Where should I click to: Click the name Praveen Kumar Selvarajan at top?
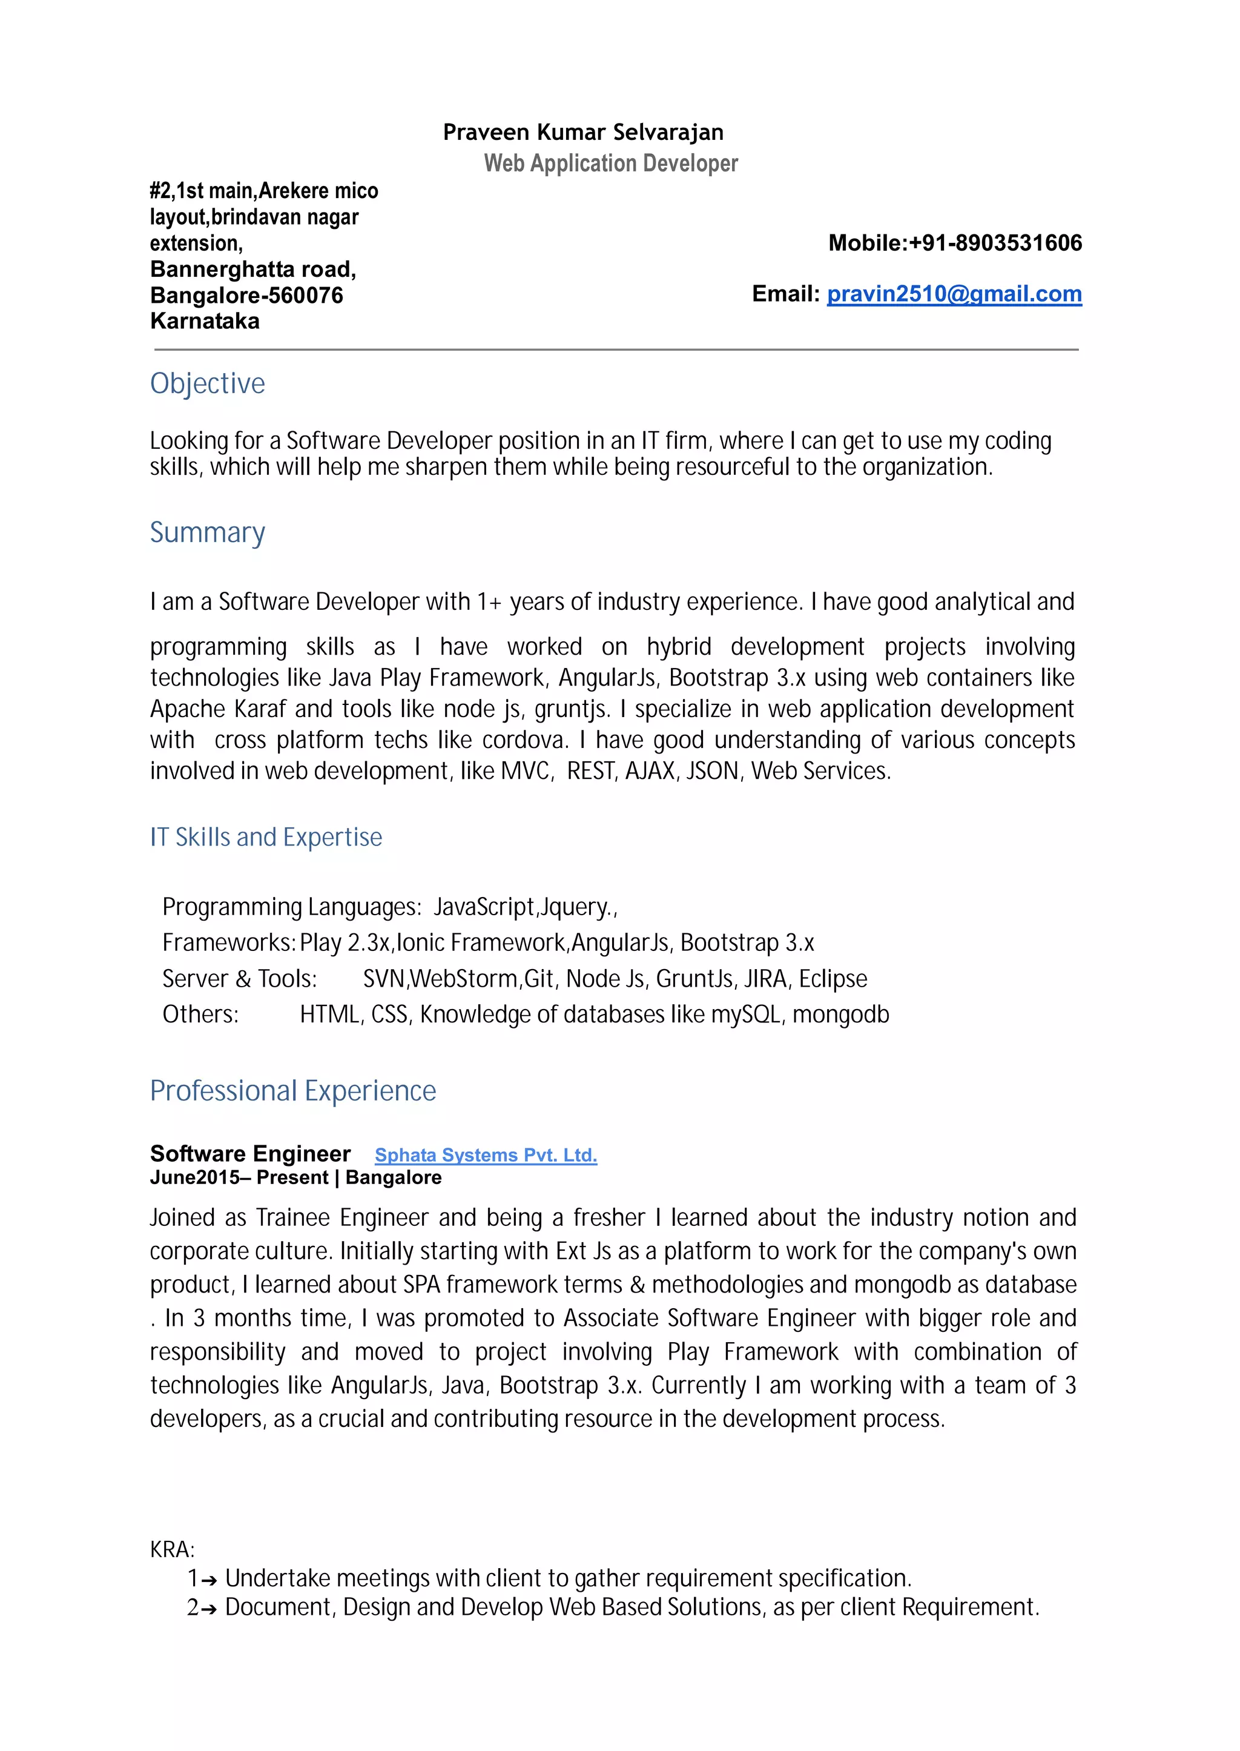pos(582,132)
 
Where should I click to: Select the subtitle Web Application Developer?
pos(610,164)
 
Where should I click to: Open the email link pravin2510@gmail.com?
pos(954,294)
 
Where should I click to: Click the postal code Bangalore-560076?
pos(246,296)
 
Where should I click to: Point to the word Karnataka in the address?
pos(205,322)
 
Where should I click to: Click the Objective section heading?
pos(207,383)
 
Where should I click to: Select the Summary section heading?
pos(207,532)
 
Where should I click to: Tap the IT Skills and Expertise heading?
pos(266,837)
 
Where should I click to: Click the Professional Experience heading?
pos(292,1090)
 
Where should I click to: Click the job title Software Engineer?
pos(249,1153)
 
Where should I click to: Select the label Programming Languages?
pos(291,907)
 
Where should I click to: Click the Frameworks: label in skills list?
pos(228,943)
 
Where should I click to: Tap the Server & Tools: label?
pos(239,979)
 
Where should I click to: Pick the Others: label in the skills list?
pos(200,1015)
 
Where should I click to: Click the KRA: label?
pos(172,1549)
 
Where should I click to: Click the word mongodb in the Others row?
pos(840,1015)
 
